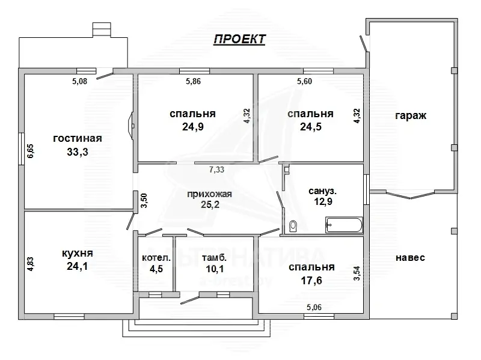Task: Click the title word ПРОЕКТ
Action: click(x=240, y=39)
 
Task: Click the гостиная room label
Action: click(x=77, y=138)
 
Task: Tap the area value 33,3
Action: click(x=78, y=152)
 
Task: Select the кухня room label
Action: click(x=78, y=252)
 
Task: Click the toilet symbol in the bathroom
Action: click(x=293, y=226)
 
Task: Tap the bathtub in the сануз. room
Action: click(x=343, y=226)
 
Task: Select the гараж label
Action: click(x=411, y=116)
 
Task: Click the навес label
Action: click(x=410, y=257)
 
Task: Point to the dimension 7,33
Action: click(x=216, y=170)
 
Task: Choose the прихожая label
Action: click(x=209, y=194)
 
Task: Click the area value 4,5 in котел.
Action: click(x=156, y=269)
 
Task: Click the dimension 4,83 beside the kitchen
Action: click(x=30, y=265)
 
